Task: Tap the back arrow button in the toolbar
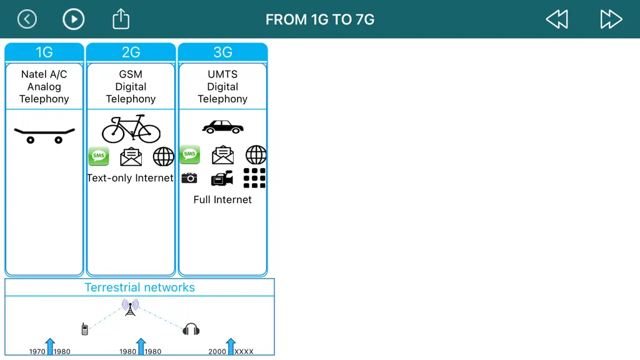(27, 19)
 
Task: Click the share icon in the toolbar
(121, 19)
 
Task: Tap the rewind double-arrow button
(557, 19)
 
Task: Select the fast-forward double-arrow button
(611, 19)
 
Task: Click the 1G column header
(44, 52)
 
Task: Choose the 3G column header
(222, 52)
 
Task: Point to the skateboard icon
(44, 136)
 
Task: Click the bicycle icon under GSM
(131, 129)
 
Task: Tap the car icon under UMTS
(223, 127)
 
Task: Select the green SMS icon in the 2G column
(99, 156)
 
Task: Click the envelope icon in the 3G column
(223, 155)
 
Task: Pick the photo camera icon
(189, 178)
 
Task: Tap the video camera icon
(222, 178)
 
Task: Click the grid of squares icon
(254, 178)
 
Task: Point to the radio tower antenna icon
(130, 307)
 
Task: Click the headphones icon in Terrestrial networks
(191, 329)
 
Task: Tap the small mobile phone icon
(84, 329)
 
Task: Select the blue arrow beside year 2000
(231, 346)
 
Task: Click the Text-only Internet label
(130, 178)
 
